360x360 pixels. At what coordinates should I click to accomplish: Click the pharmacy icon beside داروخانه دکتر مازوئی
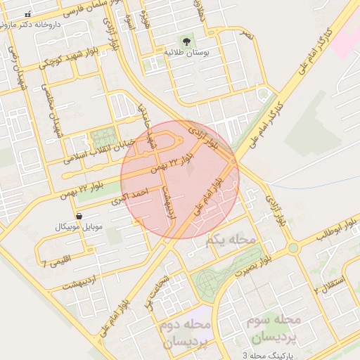(27, 14)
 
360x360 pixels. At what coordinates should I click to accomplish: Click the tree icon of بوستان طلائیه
(186, 41)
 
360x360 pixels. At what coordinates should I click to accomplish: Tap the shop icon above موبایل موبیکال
(79, 216)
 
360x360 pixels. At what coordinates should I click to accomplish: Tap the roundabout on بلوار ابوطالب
(292, 248)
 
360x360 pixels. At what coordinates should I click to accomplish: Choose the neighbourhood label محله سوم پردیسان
(276, 328)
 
